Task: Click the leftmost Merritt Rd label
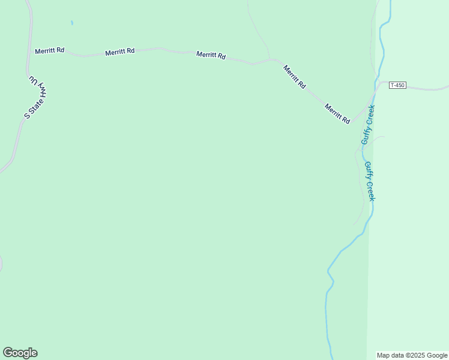tap(49, 51)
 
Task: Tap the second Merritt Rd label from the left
tap(119, 53)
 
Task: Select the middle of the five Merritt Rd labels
tap(211, 55)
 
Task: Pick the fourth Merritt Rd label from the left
tap(295, 77)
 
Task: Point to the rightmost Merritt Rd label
tap(337, 113)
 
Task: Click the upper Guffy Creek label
tap(368, 124)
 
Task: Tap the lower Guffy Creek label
tap(370, 181)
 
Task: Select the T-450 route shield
tap(397, 85)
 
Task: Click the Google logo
tap(20, 353)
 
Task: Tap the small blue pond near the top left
tap(71, 23)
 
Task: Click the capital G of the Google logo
tap(8, 353)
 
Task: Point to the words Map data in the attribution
tap(390, 355)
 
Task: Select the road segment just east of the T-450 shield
tap(426, 88)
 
